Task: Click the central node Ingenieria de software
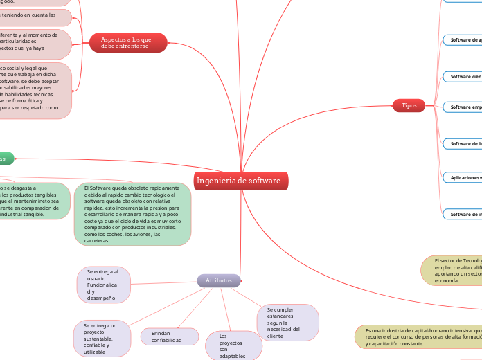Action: tap(239, 181)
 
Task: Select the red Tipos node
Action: tap(409, 105)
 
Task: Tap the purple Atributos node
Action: tap(219, 280)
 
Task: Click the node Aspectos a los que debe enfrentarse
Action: tap(128, 43)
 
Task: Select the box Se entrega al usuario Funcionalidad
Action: tap(102, 285)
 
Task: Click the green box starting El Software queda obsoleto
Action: tap(132, 214)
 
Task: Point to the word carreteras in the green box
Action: tap(100, 241)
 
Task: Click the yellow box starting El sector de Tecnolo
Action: tap(452, 270)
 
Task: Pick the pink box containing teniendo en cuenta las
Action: tap(35, 17)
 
